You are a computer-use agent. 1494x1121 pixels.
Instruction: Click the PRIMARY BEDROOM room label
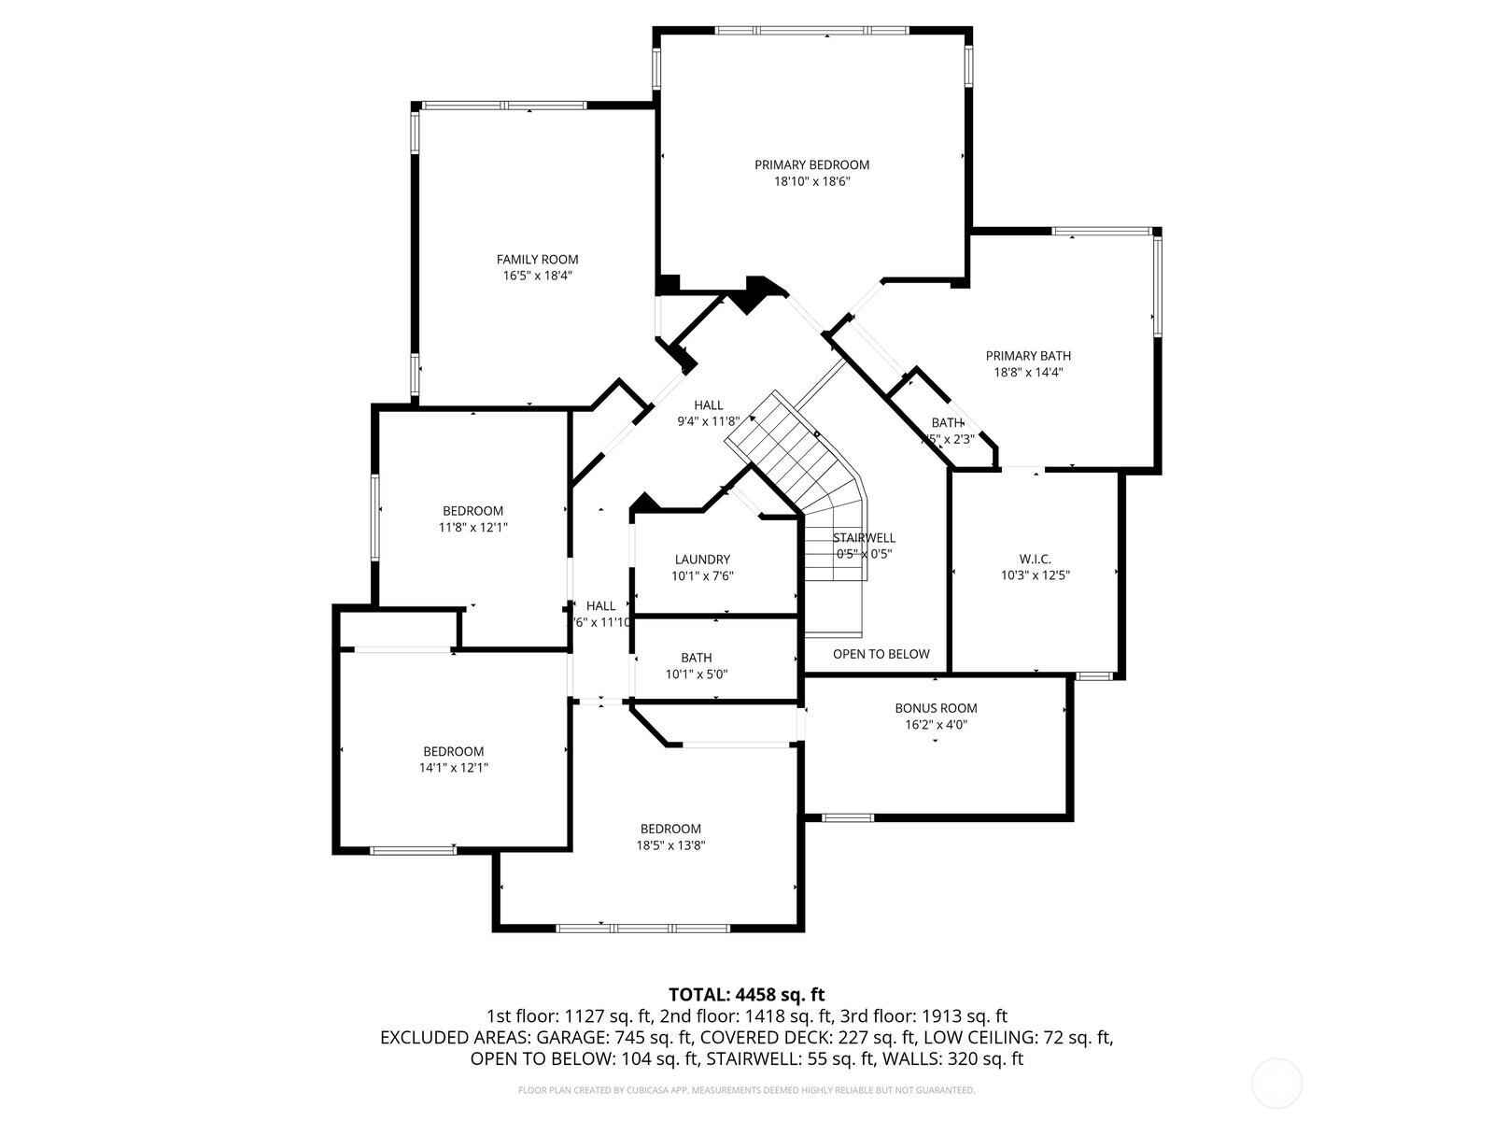point(811,165)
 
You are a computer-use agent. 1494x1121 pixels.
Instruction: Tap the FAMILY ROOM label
point(537,260)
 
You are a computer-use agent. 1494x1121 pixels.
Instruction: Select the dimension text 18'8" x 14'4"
point(1028,372)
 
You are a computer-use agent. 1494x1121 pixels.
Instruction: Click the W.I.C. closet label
point(1035,559)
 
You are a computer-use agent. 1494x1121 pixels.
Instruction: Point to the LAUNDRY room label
point(702,560)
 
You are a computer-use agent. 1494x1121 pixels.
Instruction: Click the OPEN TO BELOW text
point(881,654)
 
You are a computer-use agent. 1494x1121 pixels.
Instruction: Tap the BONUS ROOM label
point(936,708)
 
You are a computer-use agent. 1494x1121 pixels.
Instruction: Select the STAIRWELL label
point(864,537)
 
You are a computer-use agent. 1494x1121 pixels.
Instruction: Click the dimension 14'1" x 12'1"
point(454,768)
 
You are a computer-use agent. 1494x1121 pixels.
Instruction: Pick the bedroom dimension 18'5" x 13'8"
point(670,845)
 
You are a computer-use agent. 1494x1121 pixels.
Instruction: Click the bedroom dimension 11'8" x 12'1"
point(473,527)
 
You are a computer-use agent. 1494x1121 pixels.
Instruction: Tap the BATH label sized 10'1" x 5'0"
point(696,658)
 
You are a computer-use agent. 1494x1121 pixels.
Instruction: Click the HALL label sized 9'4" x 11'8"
point(708,405)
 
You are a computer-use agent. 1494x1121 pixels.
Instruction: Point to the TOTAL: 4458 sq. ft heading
point(746,994)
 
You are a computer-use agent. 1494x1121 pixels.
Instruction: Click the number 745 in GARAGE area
point(627,1038)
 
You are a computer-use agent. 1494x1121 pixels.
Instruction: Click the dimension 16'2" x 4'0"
point(936,725)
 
